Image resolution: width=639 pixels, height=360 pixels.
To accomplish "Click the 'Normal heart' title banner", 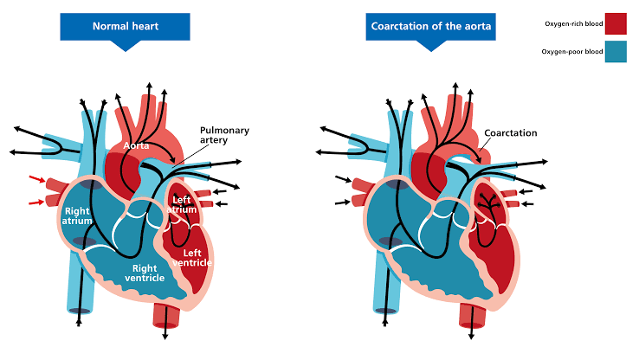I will pos(126,26).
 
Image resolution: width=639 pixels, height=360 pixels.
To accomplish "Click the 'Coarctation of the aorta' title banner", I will pos(431,26).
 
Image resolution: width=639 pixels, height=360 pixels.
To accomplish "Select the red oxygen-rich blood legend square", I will pos(616,23).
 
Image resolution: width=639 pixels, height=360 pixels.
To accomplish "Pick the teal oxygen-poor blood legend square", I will pos(616,52).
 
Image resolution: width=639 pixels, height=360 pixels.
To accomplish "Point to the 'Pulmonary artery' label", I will pos(224,135).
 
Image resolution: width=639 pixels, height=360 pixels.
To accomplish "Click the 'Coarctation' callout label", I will pos(511,133).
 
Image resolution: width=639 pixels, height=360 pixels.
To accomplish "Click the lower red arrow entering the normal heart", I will pos(35,202).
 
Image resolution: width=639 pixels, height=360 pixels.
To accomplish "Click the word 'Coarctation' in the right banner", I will pos(403,27).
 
